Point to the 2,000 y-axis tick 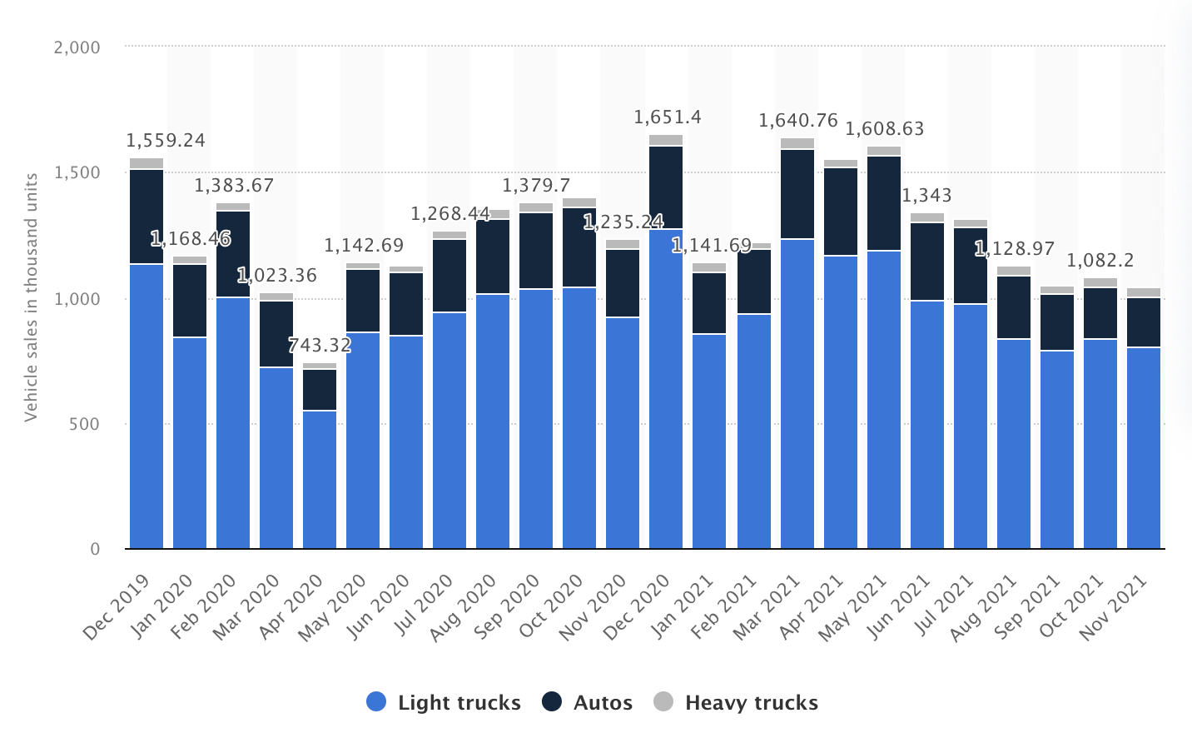(x=77, y=47)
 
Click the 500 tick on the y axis (x=84, y=424)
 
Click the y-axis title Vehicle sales (x=31, y=297)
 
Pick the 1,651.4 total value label (x=668, y=117)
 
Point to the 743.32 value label (x=320, y=346)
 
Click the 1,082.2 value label (x=1100, y=261)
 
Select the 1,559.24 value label (x=166, y=141)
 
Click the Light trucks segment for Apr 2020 (x=320, y=479)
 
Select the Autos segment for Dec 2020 (x=666, y=187)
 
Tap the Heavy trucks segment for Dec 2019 (x=147, y=163)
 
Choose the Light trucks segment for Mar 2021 (x=797, y=393)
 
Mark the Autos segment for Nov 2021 (x=1144, y=322)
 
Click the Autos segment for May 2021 (x=884, y=203)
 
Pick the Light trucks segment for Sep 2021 (x=1057, y=450)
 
